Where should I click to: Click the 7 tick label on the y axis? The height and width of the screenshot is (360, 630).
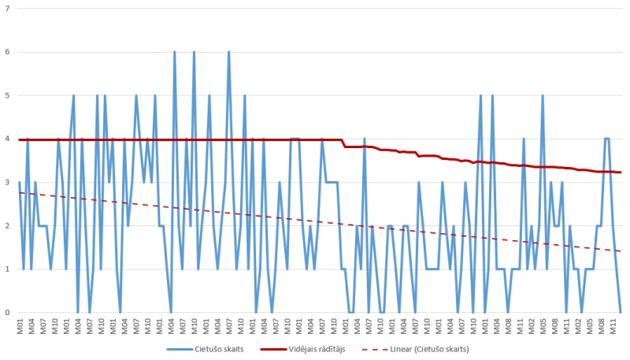click(x=7, y=8)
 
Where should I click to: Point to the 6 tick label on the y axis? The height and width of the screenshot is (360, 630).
click(x=7, y=52)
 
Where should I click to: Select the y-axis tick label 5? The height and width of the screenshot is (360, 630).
click(x=7, y=95)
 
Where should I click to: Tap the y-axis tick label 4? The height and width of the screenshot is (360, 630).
click(x=7, y=139)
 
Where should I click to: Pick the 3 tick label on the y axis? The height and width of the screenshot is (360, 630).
click(x=7, y=182)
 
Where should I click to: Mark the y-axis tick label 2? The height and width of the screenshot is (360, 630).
click(x=7, y=225)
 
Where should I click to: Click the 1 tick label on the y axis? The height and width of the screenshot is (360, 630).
click(x=7, y=269)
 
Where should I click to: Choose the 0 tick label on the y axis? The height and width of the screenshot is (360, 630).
click(x=7, y=313)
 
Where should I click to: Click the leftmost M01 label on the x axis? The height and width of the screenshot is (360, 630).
click(x=20, y=325)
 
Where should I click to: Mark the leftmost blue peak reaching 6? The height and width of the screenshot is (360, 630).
click(x=174, y=52)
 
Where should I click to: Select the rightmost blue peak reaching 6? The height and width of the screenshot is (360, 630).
click(x=228, y=52)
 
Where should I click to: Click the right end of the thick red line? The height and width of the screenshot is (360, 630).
click(x=621, y=172)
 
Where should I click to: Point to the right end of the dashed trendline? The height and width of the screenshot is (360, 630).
click(x=621, y=251)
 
